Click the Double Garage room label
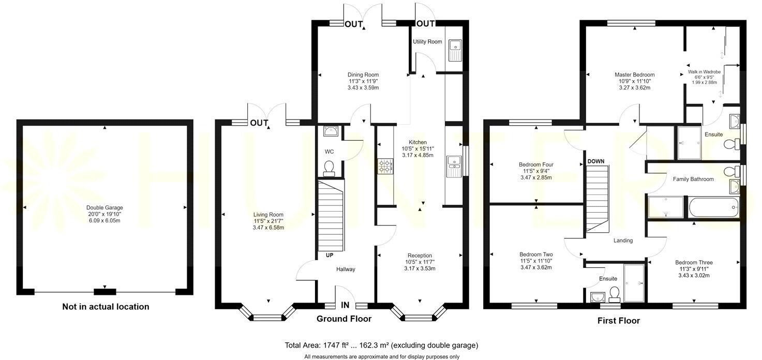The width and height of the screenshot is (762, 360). [104, 207]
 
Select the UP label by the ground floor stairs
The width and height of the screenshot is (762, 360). [329, 255]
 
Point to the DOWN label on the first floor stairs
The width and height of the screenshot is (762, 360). [596, 161]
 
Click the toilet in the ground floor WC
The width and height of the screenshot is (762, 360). [328, 167]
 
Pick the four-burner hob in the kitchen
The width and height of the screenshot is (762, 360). [385, 166]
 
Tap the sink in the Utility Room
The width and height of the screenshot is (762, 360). [456, 50]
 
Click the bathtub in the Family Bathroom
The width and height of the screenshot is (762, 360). [712, 208]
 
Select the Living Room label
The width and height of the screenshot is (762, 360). [268, 215]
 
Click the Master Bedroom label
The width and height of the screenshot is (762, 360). [634, 74]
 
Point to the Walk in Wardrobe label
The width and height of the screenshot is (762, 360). [704, 72]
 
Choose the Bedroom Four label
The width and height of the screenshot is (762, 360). [536, 165]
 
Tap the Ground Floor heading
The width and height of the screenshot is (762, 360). [344, 319]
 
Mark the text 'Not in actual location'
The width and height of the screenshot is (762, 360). [106, 307]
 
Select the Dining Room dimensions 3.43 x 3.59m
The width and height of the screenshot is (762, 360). [363, 88]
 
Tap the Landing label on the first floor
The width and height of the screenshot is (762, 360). [623, 241]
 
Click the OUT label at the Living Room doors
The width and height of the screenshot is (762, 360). [259, 123]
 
